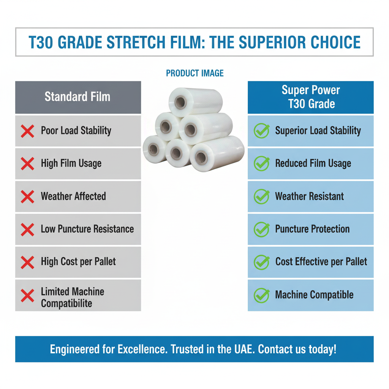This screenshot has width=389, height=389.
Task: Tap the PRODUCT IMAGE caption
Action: click(x=194, y=73)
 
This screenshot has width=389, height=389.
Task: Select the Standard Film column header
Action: click(x=77, y=96)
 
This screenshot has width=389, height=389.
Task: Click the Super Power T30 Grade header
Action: click(x=311, y=97)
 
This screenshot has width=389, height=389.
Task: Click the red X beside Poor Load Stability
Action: click(x=27, y=131)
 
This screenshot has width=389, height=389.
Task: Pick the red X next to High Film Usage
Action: click(x=27, y=164)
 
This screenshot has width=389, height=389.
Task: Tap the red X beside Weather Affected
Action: click(x=27, y=197)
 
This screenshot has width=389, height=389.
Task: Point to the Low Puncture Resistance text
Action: click(x=87, y=229)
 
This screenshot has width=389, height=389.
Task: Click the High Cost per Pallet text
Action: click(x=78, y=262)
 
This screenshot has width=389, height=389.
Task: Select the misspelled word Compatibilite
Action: click(x=66, y=304)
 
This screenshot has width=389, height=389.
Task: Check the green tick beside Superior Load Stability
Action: click(x=261, y=131)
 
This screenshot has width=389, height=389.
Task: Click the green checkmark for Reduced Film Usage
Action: click(x=261, y=164)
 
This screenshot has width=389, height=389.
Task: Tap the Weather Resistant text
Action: click(x=309, y=196)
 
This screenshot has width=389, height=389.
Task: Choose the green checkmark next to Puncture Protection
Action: click(x=261, y=229)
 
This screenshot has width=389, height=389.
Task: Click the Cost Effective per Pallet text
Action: click(x=321, y=262)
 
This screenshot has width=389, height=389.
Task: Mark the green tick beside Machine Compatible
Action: click(x=261, y=295)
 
